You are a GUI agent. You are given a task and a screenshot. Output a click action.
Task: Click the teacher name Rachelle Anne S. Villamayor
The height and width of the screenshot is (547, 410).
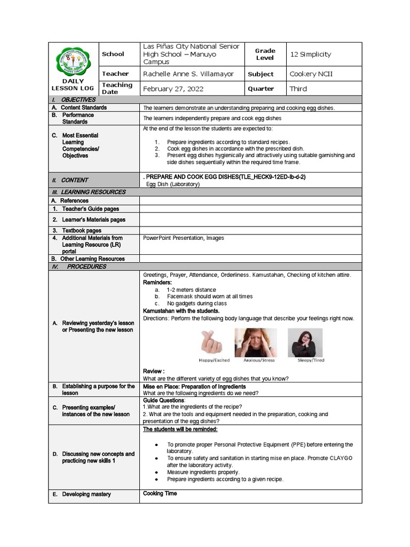(x=188, y=74)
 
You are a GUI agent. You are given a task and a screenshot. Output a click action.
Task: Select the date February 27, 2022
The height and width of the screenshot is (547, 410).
(x=173, y=89)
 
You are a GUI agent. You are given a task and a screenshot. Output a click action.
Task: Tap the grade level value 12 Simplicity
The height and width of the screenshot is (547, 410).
(x=310, y=54)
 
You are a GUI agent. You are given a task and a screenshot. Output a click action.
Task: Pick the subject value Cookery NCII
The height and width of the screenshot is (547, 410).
(x=311, y=74)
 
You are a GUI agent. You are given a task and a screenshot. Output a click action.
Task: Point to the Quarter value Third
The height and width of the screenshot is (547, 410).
(x=298, y=89)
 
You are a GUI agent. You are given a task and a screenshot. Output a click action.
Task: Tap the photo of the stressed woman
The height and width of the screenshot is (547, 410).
(x=256, y=342)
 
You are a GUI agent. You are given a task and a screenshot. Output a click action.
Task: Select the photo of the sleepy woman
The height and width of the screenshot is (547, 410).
(x=305, y=342)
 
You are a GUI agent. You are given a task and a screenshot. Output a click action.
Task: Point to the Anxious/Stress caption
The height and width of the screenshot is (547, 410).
(x=258, y=361)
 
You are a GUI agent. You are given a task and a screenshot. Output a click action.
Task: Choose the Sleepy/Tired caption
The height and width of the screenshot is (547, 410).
(x=305, y=361)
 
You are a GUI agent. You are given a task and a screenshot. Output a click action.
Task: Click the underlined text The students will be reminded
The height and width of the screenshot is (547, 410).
(x=180, y=429)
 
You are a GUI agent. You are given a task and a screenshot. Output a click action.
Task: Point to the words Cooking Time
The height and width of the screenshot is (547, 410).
(x=160, y=494)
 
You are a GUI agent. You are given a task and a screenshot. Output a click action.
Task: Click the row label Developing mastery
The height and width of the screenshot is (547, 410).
(x=86, y=495)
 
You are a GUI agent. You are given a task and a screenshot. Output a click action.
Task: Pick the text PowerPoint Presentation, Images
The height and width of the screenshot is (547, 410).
(x=184, y=238)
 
